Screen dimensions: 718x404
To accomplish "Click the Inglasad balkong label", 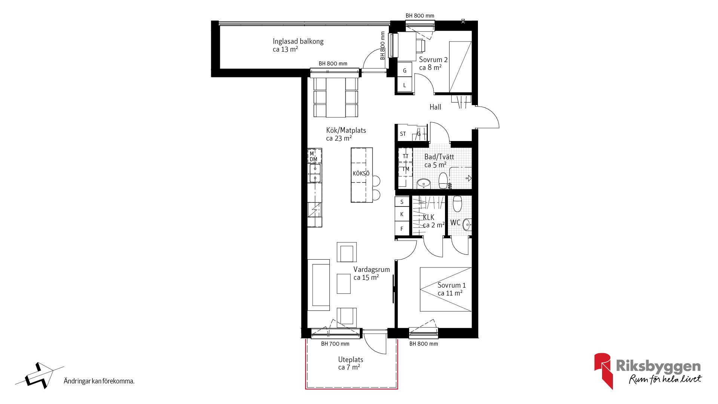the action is click(298, 41).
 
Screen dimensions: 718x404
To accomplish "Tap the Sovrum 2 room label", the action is click(433, 59).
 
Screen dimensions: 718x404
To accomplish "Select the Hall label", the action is click(435, 107).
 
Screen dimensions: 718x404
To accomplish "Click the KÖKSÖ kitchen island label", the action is click(361, 174).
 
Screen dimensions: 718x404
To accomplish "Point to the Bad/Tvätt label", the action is click(439, 157).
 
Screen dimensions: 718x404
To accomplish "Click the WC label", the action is click(455, 223).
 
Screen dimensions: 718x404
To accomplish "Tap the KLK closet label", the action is click(429, 217).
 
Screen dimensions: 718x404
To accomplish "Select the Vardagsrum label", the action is click(372, 269).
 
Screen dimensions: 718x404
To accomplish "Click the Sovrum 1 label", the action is click(452, 285).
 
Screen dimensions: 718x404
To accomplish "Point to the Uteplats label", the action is click(350, 359).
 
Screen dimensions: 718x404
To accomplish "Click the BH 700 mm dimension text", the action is click(335, 344).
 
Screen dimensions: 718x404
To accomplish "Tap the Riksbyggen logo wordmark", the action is click(658, 366).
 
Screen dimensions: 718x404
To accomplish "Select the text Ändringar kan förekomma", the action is click(99, 381).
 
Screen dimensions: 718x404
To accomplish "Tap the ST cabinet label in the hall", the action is click(403, 134).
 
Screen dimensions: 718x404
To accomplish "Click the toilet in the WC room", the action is click(457, 203).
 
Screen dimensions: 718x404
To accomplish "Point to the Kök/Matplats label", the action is click(346, 130).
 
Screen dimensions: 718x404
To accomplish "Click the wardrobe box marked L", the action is click(405, 85).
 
